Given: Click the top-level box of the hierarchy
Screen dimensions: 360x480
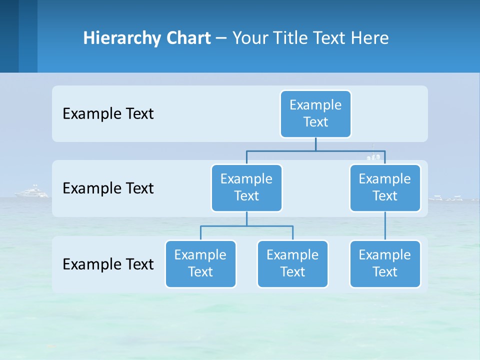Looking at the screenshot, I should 315,114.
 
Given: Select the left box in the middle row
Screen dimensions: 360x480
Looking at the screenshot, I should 246,188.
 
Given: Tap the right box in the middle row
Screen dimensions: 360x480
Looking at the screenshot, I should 385,188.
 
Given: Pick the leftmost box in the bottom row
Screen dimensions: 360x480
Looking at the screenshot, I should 200,264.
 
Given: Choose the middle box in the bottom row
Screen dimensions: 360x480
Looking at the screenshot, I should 292,264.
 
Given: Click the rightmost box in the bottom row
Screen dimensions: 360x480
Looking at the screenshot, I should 385,264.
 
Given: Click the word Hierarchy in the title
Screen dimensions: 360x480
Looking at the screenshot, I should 121,38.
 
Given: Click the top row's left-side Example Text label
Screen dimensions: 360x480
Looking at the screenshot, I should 108,114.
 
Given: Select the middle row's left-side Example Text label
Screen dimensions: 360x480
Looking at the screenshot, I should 108,188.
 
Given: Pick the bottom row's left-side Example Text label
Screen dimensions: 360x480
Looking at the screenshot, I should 108,264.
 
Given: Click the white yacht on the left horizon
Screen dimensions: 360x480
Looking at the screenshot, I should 32,192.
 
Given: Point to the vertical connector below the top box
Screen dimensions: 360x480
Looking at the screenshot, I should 315,144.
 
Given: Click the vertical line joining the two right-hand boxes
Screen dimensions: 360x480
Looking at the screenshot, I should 385,226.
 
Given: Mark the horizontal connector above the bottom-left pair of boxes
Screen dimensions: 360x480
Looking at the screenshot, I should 246,226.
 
